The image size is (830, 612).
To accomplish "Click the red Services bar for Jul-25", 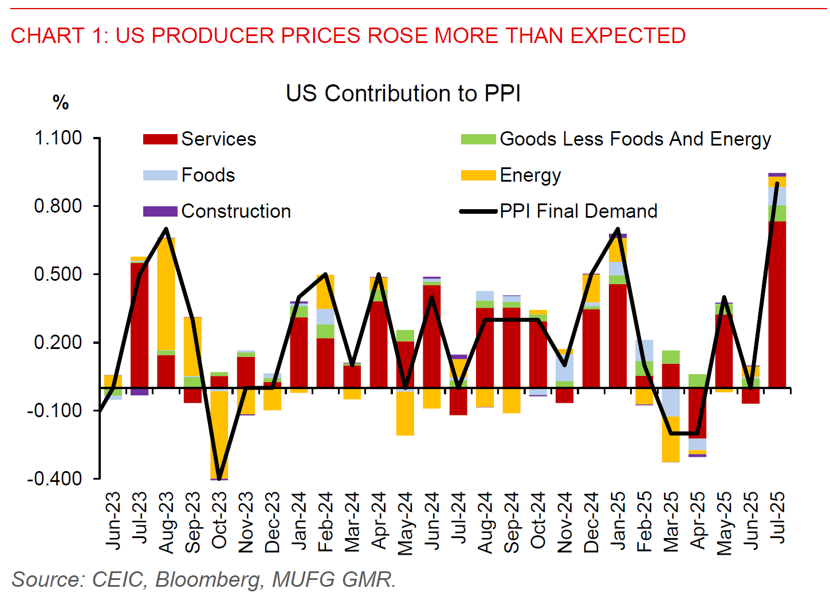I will pyautogui.click(x=777, y=304).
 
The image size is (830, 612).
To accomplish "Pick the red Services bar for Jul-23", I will pyautogui.click(x=139, y=324).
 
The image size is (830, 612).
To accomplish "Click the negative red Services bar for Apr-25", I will pyautogui.click(x=697, y=413).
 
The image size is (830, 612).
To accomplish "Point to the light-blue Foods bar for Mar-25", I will pyautogui.click(x=671, y=402).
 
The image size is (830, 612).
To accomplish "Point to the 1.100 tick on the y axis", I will pyautogui.click(x=58, y=138).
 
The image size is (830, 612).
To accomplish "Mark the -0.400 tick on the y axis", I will pyautogui.click(x=55, y=478).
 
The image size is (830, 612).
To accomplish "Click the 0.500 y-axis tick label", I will pyautogui.click(x=58, y=274).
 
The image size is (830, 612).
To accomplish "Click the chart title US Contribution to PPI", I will pyautogui.click(x=403, y=93).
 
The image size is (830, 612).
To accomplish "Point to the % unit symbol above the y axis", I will pyautogui.click(x=61, y=103).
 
